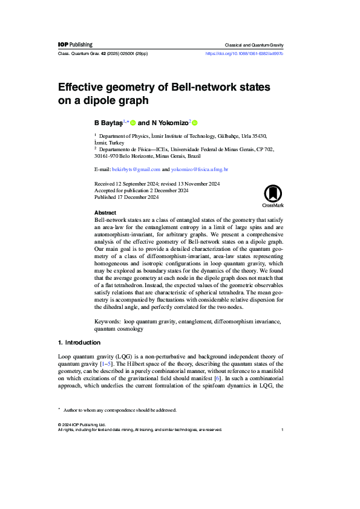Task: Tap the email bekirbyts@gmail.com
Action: (136, 170)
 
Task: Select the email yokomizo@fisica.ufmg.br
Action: (200, 170)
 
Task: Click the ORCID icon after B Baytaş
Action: (133, 123)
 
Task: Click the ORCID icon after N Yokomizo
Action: (195, 123)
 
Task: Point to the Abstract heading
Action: (105, 213)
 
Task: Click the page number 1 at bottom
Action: (283, 430)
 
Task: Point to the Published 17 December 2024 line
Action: (127, 197)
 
